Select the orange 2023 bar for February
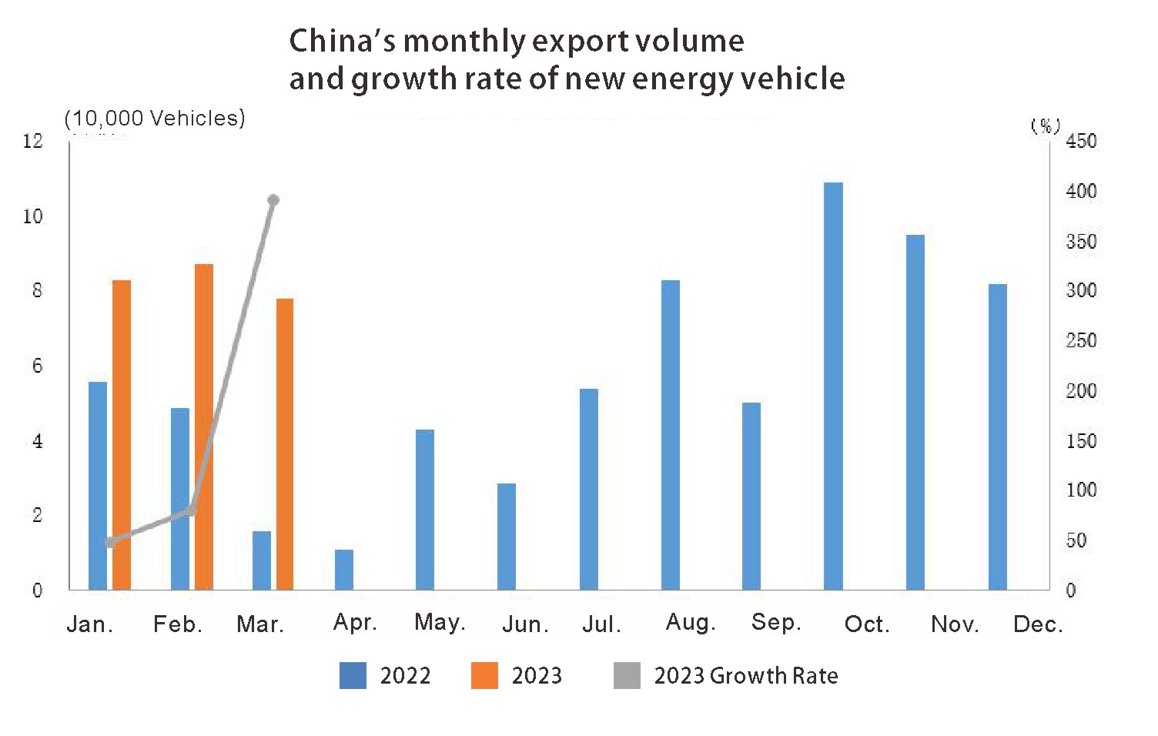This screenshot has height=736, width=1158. [x=204, y=427]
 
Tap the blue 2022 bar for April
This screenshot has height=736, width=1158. [x=344, y=570]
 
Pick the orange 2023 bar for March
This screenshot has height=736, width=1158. [x=285, y=444]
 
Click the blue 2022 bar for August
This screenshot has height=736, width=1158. [x=671, y=435]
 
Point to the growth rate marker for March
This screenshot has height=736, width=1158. [x=273, y=200]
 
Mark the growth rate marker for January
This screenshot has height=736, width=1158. [x=110, y=542]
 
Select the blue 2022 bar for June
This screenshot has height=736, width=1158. [x=507, y=537]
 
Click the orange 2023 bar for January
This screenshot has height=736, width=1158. [x=122, y=435]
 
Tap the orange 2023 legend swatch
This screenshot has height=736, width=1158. [x=484, y=675]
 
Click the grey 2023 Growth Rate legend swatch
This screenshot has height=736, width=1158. [x=627, y=675]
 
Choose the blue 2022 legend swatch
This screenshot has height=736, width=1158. [x=353, y=675]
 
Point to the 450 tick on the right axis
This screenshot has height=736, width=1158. [x=1081, y=141]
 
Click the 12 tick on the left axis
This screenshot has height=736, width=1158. [x=33, y=141]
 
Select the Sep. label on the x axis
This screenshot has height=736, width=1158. [x=776, y=622]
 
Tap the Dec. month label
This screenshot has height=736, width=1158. [x=1038, y=624]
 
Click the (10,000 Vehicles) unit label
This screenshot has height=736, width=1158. [x=155, y=118]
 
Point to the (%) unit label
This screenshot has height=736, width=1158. [x=1046, y=125]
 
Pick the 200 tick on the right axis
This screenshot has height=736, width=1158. [x=1081, y=391]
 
